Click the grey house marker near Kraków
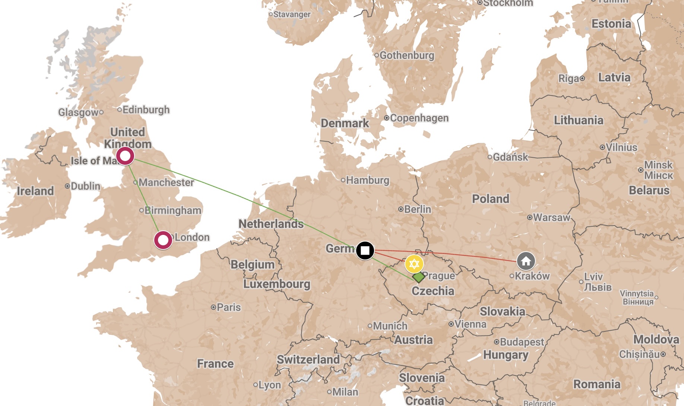pyautogui.click(x=526, y=261)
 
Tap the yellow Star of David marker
pyautogui.click(x=414, y=264)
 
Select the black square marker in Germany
pyautogui.click(x=365, y=250)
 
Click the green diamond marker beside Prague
pyautogui.click(x=419, y=277)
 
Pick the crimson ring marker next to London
pyautogui.click(x=163, y=240)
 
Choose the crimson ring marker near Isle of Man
pyautogui.click(x=125, y=156)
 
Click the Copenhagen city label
pyautogui.click(x=419, y=118)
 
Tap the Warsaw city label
pyautogui.click(x=551, y=217)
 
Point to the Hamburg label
pyautogui.click(x=367, y=180)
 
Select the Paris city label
pyautogui.click(x=228, y=308)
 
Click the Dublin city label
pyautogui.click(x=85, y=186)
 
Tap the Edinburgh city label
pyautogui.click(x=146, y=110)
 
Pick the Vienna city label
pyautogui.click(x=470, y=324)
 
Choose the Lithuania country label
pyautogui.click(x=578, y=120)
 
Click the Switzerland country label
pyautogui.click(x=308, y=360)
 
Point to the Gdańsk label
pyautogui.click(x=510, y=157)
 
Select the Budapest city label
pyautogui.click(x=522, y=342)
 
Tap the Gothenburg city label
pyautogui.click(x=407, y=56)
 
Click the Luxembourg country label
pyautogui.click(x=276, y=284)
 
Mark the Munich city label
pyautogui.click(x=390, y=326)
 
